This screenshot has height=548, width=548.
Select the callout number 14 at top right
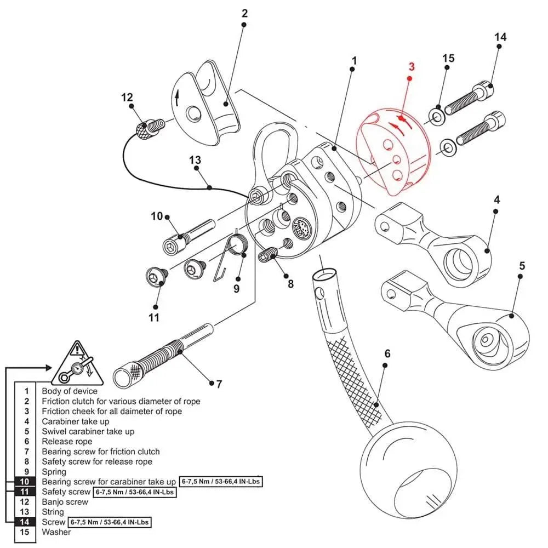click(500, 37)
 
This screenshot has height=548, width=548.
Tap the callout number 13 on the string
click(195, 161)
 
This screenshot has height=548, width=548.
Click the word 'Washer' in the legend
click(56, 532)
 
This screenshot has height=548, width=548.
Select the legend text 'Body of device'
click(70, 391)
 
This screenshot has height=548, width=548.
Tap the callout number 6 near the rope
click(387, 354)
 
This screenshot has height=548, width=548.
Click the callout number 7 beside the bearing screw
click(219, 384)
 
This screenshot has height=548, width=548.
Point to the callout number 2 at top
click(244, 13)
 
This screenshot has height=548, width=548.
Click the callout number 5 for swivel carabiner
click(522, 266)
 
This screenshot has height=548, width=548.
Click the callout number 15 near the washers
click(448, 58)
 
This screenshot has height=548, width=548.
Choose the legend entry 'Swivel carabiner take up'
click(88, 431)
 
